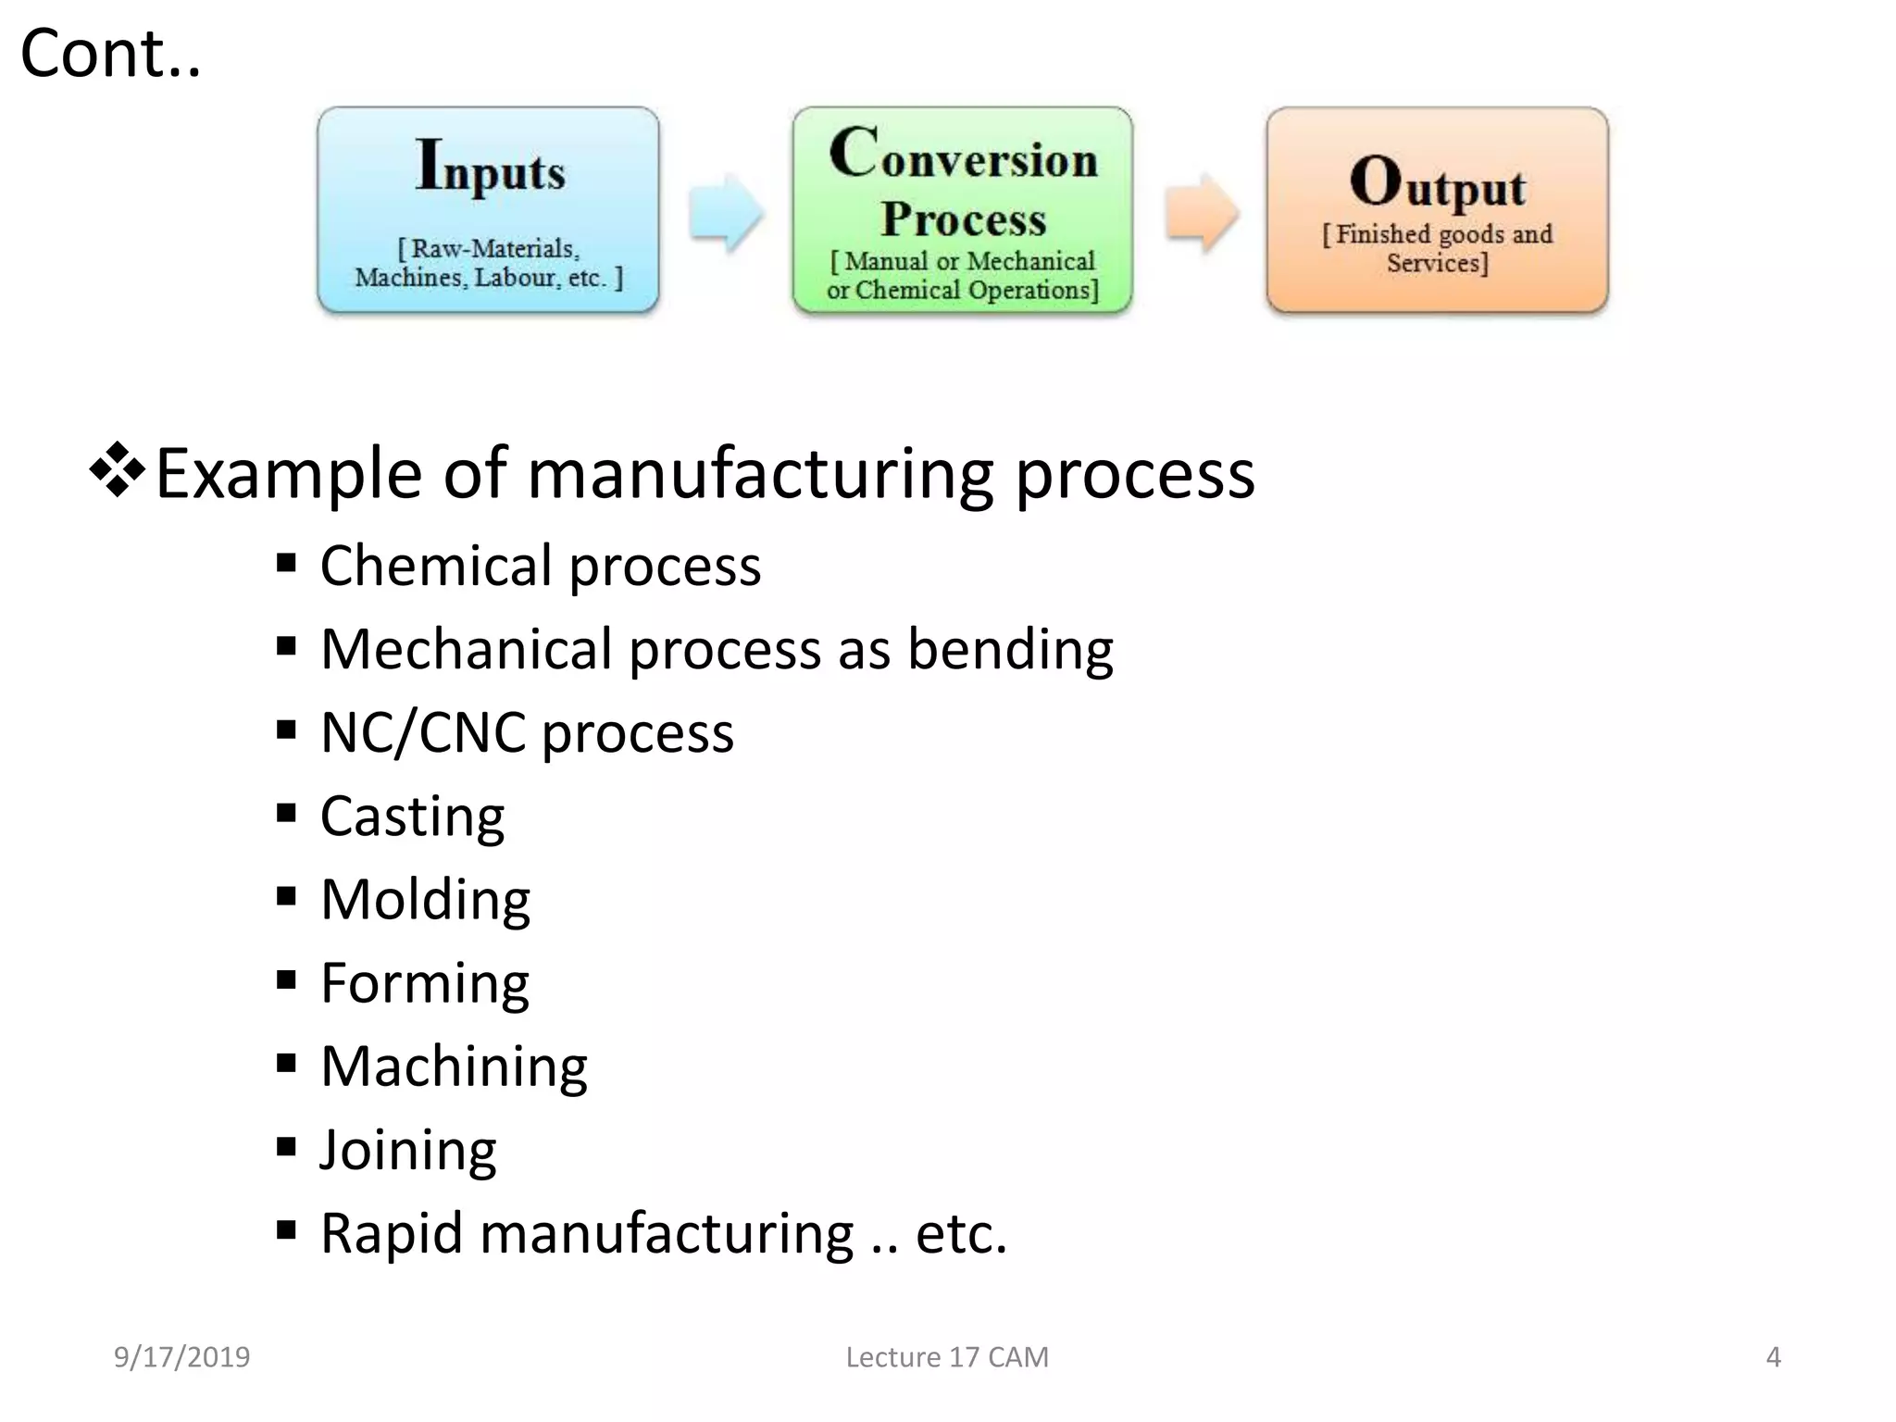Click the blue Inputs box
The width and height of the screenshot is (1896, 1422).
[488, 209]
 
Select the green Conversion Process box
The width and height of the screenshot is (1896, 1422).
[963, 209]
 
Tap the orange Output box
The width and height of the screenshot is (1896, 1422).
[1437, 209]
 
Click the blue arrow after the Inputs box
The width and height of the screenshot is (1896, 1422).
[726, 212]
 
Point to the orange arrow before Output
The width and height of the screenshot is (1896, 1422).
[1201, 212]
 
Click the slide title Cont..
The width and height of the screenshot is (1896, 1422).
[110, 54]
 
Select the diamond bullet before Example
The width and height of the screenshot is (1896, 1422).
[118, 470]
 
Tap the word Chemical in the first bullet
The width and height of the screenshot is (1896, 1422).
[436, 566]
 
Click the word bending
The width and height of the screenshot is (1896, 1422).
[1010, 649]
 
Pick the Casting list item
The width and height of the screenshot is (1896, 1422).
[412, 817]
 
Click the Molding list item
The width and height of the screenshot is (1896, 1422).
[425, 900]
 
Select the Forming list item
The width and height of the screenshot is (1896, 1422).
[425, 983]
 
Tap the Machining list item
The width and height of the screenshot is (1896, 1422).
[454, 1066]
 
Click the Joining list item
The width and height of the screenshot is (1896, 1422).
[408, 1151]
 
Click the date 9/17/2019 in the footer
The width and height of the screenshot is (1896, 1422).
[181, 1357]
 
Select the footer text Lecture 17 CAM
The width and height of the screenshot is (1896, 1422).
[947, 1357]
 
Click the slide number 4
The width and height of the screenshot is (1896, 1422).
[1773, 1357]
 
